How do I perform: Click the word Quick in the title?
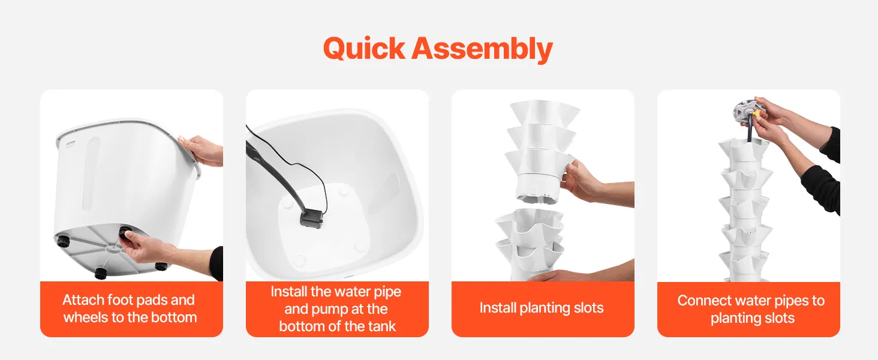(364, 49)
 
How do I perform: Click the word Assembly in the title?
(482, 49)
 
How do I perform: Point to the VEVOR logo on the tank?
(71, 143)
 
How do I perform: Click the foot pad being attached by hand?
(125, 234)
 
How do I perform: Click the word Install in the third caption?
(498, 308)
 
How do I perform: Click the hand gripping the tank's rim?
(199, 151)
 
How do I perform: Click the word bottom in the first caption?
(174, 317)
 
